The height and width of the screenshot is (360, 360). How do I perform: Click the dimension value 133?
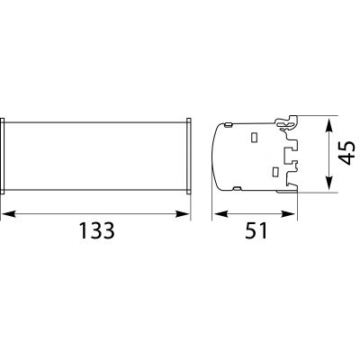coord(97,230)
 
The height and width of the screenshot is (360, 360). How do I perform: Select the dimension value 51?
coord(256,230)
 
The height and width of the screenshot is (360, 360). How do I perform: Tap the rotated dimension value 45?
coord(348,153)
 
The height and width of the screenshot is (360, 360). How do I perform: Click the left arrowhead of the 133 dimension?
coord(9,214)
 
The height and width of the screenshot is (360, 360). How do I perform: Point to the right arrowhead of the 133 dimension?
coord(183,214)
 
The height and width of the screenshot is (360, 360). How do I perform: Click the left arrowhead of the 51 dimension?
coord(220,214)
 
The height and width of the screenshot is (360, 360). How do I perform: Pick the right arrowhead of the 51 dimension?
coord(289,214)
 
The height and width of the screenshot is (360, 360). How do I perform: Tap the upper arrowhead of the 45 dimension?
coord(329,125)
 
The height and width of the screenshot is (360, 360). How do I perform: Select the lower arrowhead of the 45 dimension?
coord(329,183)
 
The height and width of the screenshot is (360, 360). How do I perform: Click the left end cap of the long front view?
coord(2,157)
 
